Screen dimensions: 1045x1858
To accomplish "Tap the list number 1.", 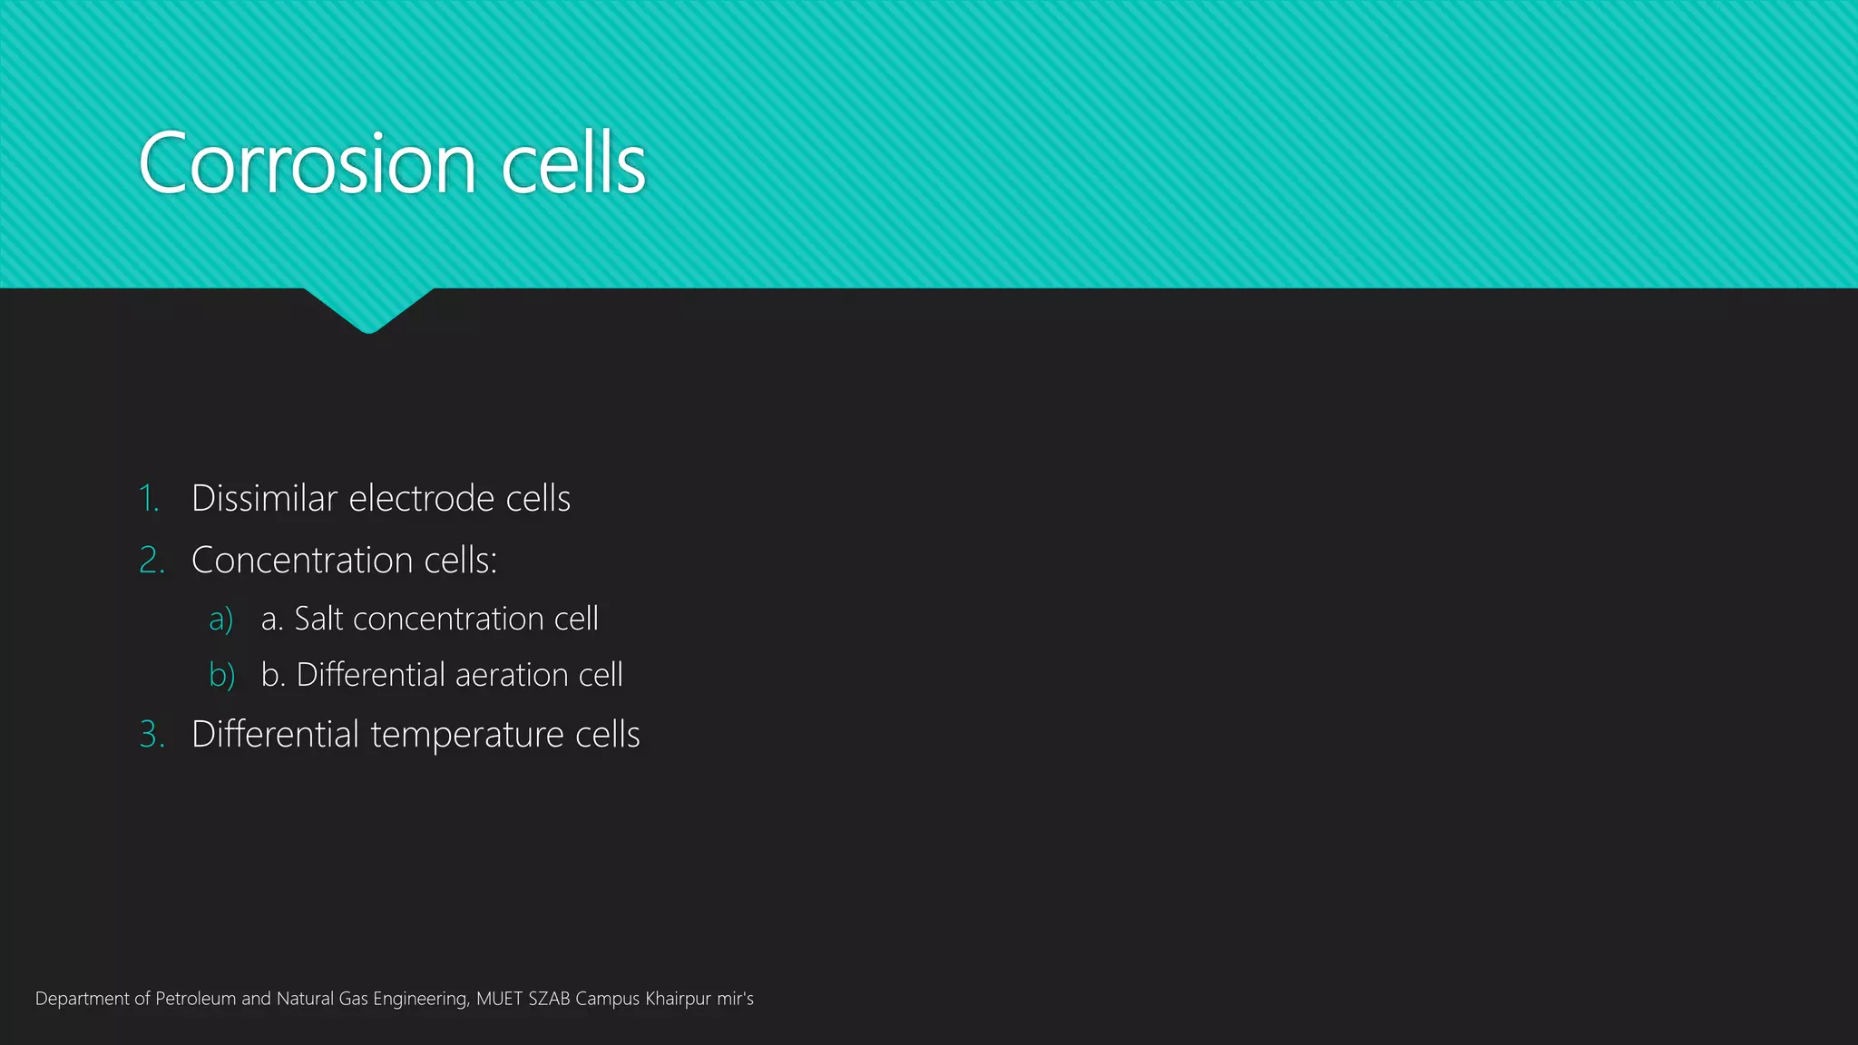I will point(149,499).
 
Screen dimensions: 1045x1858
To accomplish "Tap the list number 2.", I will point(152,561).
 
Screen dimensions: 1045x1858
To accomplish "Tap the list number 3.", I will point(152,734).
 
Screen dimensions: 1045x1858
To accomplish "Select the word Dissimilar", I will point(264,499).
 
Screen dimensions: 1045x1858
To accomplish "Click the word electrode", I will point(421,499).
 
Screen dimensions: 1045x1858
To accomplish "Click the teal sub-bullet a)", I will point(220,619).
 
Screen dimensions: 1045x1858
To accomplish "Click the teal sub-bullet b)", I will point(221,675).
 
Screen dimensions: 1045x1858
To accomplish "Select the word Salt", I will point(318,619).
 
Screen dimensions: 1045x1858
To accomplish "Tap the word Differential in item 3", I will point(275,734).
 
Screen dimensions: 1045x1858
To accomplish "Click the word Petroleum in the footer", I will point(195,999).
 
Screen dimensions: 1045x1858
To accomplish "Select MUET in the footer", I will point(499,999).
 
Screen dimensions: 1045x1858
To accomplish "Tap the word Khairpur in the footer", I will point(678,999).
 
